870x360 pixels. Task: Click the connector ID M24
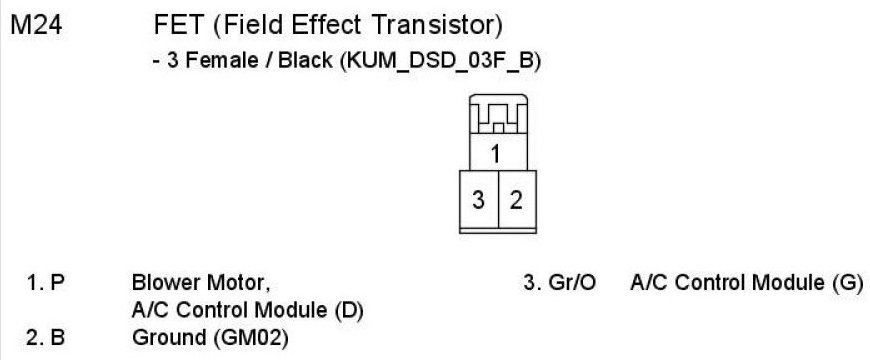[36, 26]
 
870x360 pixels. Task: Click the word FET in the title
[178, 26]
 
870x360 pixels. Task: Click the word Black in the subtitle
[305, 60]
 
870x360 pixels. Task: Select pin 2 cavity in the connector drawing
[517, 199]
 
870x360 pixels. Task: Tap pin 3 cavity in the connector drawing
[479, 199]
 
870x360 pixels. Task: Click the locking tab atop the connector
[498, 113]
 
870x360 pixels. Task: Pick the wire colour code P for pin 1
[57, 283]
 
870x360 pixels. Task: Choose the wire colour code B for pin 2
[57, 338]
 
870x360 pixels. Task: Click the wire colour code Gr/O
[571, 283]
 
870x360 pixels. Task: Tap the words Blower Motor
[201, 284]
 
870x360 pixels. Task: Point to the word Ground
[168, 338]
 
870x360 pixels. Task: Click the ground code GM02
[250, 338]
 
